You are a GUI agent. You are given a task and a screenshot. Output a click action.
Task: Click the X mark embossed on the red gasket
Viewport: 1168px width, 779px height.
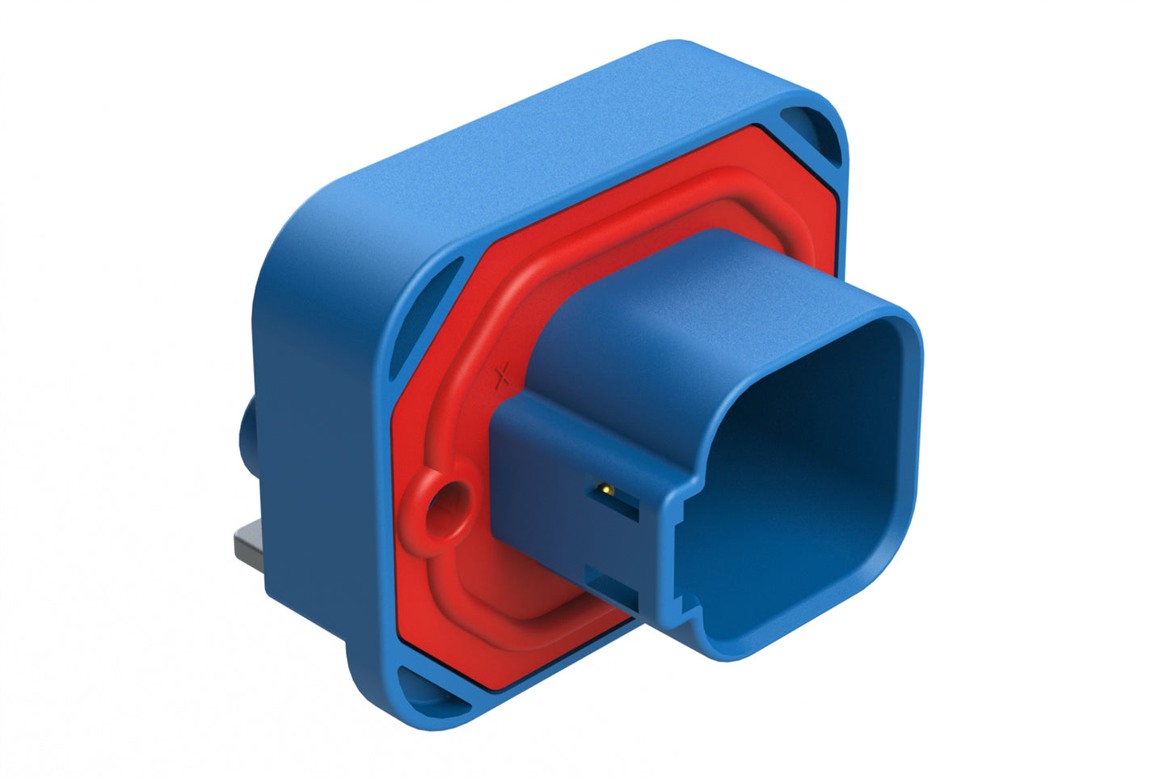click(x=502, y=374)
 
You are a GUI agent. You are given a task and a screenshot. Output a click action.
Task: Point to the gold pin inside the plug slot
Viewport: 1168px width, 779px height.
click(x=604, y=489)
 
